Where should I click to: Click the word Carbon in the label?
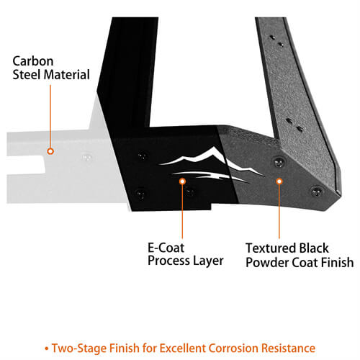pyautogui.click(x=33, y=61)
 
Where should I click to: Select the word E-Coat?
pyautogui.click(x=166, y=248)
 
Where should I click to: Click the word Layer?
pyautogui.click(x=208, y=261)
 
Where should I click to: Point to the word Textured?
pyautogui.click(x=269, y=248)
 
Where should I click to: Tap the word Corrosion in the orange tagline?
pyautogui.click(x=233, y=348)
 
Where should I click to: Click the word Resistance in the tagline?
pyautogui.click(x=288, y=348)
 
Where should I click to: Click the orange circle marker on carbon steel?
pyautogui.click(x=50, y=151)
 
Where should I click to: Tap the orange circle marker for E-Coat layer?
pyautogui.click(x=182, y=181)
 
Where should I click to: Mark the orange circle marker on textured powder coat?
pyautogui.click(x=279, y=181)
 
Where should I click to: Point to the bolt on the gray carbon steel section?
pyautogui.click(x=86, y=158)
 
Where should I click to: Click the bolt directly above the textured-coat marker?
pyautogui.click(x=279, y=163)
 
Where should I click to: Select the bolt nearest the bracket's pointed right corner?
pyautogui.click(x=316, y=192)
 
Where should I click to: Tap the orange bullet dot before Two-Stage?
pyautogui.click(x=46, y=348)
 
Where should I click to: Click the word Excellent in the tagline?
pyautogui.click(x=183, y=348)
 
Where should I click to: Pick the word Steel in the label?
pyautogui.click(x=27, y=75)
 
